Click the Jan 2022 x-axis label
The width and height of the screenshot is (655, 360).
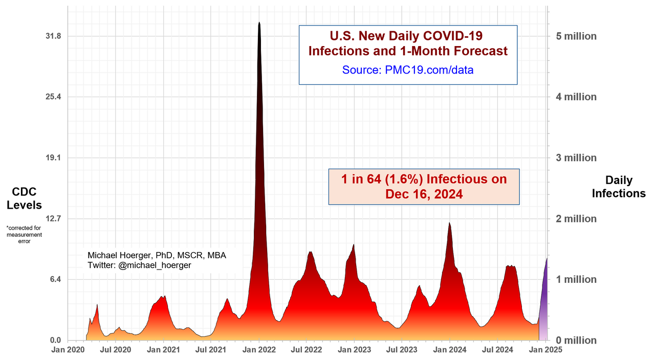click(259, 350)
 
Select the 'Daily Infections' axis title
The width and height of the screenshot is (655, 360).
click(619, 187)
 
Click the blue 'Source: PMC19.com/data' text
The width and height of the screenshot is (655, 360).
click(408, 70)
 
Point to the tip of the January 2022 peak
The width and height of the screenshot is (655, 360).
click(259, 23)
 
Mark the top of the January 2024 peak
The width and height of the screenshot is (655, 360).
click(449, 223)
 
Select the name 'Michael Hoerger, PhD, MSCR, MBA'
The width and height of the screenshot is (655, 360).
click(157, 255)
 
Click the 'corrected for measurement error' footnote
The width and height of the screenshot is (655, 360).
click(24, 234)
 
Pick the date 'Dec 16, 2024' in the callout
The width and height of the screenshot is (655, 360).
click(424, 194)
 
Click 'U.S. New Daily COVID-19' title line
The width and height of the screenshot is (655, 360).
click(408, 36)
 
